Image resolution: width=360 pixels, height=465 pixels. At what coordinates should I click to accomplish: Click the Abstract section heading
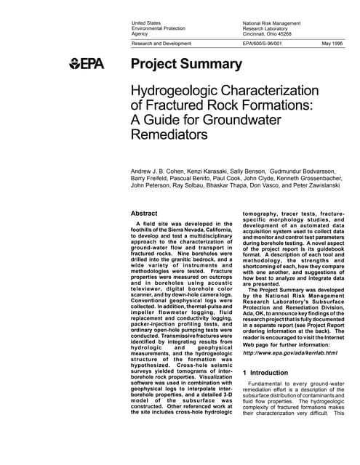tap(143, 213)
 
